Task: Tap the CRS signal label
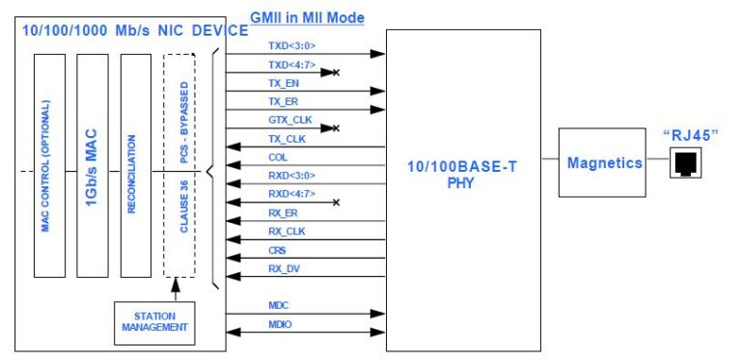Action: tap(277, 250)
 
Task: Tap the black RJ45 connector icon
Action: tap(688, 163)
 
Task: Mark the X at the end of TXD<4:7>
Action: tap(335, 72)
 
